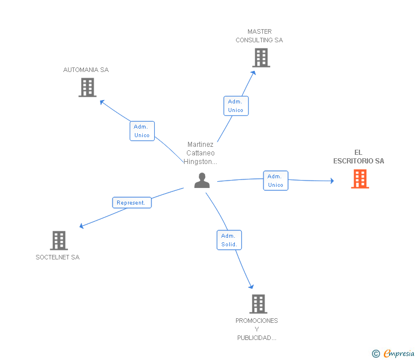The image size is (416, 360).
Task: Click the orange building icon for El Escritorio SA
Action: click(x=360, y=179)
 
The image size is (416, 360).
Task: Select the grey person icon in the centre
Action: click(x=202, y=181)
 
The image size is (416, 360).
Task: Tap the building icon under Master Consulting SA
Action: click(x=261, y=58)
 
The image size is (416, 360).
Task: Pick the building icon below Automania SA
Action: click(x=87, y=87)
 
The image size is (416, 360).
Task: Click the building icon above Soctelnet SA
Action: click(x=59, y=241)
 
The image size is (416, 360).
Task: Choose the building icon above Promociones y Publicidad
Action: click(x=258, y=304)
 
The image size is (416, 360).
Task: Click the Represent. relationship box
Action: click(x=132, y=203)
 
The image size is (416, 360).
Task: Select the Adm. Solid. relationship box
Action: click(x=229, y=240)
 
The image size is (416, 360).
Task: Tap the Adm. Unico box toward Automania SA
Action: click(x=142, y=131)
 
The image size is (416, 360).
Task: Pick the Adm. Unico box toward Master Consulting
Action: click(x=236, y=106)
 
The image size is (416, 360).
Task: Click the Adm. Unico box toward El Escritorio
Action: click(x=275, y=181)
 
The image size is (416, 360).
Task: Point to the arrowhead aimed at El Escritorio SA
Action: click(x=332, y=181)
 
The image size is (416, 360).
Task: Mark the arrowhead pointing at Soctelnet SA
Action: click(x=82, y=226)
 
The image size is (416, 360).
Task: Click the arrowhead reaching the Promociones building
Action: click(x=251, y=286)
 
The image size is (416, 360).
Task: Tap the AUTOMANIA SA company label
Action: click(x=86, y=70)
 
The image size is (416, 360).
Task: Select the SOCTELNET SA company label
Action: click(x=58, y=257)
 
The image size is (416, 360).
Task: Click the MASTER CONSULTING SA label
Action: click(x=259, y=36)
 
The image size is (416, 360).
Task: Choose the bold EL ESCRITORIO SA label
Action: click(x=359, y=157)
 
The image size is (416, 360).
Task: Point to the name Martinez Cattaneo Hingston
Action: click(x=201, y=153)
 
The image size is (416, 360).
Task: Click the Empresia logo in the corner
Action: click(x=393, y=353)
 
